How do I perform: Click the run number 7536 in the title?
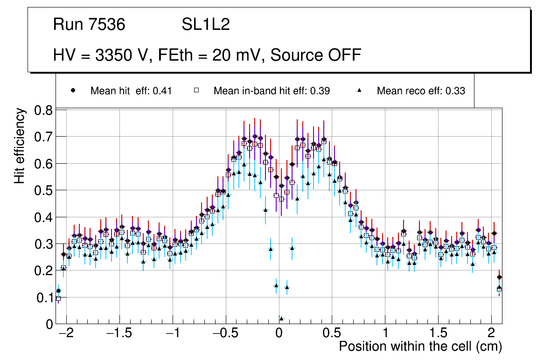[107, 25]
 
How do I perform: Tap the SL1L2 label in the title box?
[206, 25]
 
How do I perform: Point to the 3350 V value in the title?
[122, 55]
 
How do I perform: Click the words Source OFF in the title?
[316, 55]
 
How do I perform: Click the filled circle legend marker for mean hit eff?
[73, 90]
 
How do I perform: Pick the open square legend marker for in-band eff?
[196, 90]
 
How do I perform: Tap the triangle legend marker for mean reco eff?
[360, 90]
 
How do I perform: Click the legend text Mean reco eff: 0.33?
[421, 91]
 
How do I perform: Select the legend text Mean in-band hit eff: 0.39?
[272, 91]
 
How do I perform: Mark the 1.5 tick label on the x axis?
[439, 334]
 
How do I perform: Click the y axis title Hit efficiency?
[20, 145]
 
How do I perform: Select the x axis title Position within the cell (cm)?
[420, 347]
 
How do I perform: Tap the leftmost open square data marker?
[58, 298]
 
